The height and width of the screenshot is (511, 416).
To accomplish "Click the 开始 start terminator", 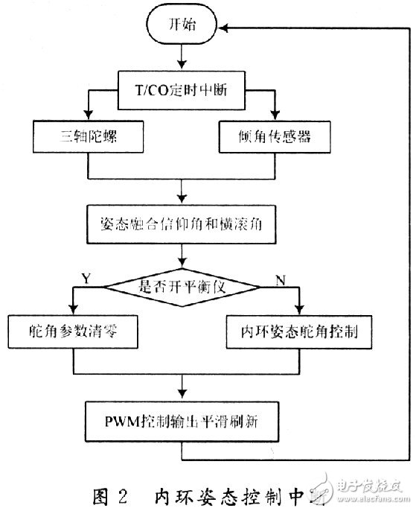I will click(182, 27).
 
